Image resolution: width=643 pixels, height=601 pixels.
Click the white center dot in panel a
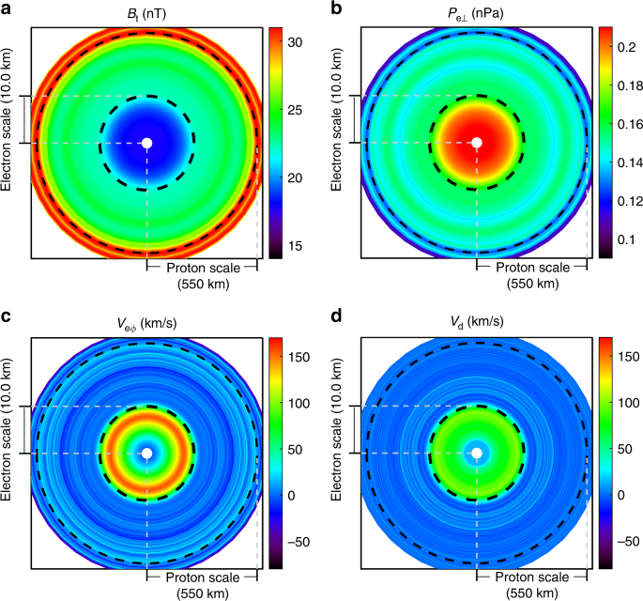pos(146,143)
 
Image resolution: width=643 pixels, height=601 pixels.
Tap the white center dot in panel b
pos(477,143)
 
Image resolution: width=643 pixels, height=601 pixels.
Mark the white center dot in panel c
pos(146,454)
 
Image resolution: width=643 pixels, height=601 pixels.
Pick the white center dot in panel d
pos(477,454)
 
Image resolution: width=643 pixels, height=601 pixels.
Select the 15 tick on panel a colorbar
pos(295,245)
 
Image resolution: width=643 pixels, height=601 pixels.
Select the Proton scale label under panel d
pos(532,578)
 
